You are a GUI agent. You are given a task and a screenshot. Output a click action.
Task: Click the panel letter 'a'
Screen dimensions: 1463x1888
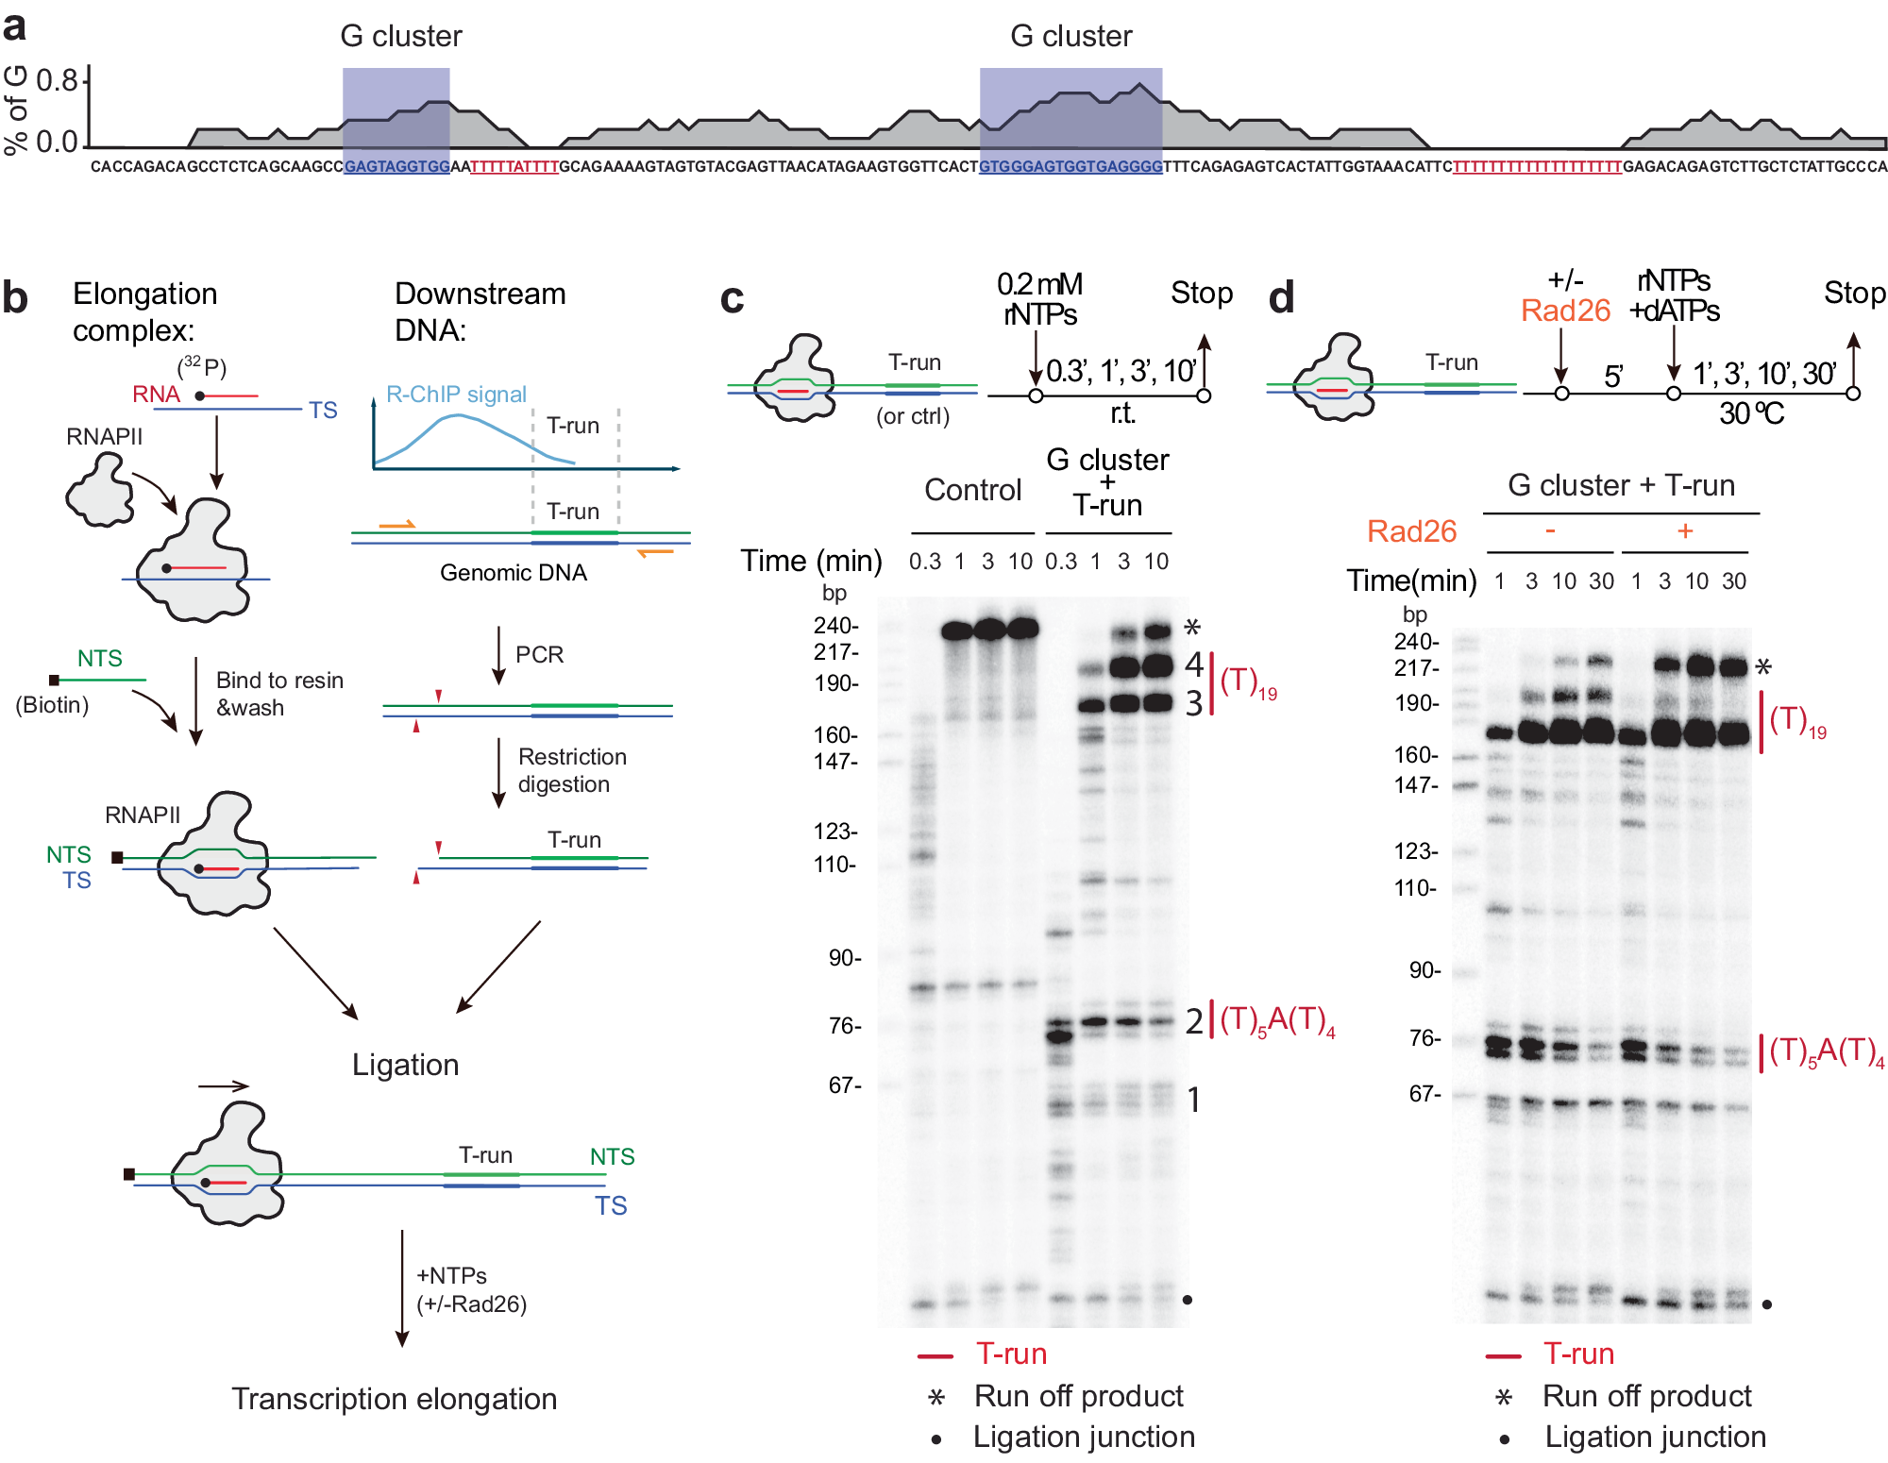(x=14, y=26)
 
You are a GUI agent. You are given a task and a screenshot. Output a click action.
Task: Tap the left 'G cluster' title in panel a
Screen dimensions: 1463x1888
(x=400, y=36)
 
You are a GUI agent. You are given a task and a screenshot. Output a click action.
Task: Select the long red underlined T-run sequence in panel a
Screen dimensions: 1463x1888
(x=1536, y=167)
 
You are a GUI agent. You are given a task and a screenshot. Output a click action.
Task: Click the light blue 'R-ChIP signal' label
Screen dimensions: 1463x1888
(x=456, y=395)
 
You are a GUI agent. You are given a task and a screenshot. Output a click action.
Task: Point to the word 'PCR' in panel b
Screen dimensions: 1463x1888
(x=539, y=655)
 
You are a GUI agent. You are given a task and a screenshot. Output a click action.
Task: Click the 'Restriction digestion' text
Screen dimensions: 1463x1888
(x=571, y=770)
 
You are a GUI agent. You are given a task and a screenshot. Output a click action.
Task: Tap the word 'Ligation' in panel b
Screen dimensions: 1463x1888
(x=405, y=1065)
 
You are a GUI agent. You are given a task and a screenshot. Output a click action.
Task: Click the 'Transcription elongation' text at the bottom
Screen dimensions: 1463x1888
(x=394, y=1399)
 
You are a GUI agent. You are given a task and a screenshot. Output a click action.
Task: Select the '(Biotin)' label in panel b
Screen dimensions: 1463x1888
(x=52, y=705)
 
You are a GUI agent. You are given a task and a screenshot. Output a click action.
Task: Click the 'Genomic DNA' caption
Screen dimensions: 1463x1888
(x=514, y=573)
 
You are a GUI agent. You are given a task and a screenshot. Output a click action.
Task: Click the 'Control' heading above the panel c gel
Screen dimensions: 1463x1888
(x=972, y=490)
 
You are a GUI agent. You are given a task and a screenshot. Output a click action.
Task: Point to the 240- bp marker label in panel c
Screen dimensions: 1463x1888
(x=835, y=626)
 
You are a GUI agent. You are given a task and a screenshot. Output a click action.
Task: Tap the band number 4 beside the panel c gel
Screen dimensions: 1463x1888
(x=1194, y=664)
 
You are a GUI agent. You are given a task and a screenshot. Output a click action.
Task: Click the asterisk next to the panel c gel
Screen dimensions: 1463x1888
(x=1192, y=628)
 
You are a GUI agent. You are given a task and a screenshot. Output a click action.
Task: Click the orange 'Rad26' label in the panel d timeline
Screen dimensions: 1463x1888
(x=1565, y=311)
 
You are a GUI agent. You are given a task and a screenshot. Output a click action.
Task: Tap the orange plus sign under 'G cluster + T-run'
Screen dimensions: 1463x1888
(x=1685, y=531)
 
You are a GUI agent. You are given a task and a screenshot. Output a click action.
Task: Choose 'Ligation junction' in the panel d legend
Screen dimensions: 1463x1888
(x=1655, y=1437)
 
